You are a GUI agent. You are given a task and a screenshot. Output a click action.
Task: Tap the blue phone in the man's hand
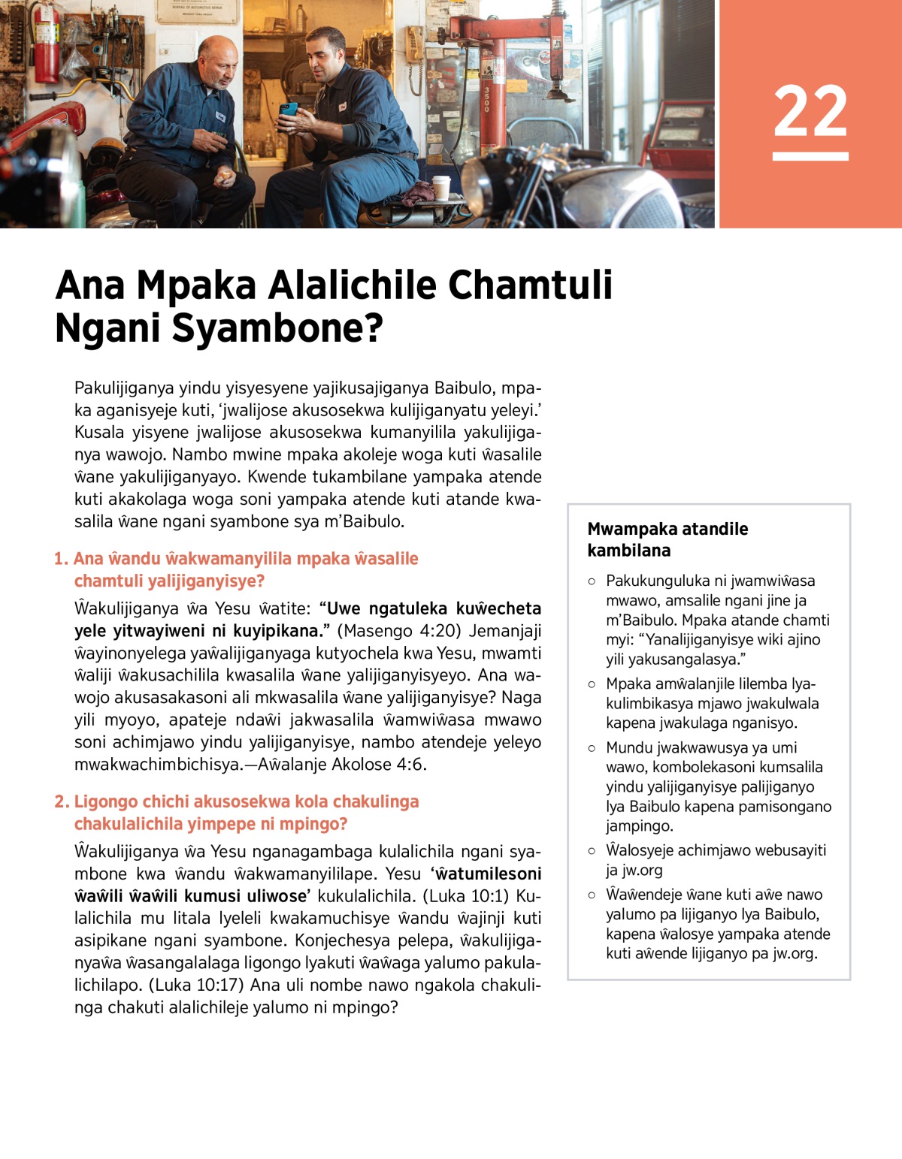coord(289,109)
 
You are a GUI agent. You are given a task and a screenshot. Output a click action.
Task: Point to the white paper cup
coord(441,187)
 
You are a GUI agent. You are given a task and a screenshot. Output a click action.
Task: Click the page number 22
coord(810,111)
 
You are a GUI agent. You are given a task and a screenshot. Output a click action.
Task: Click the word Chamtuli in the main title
coord(530,285)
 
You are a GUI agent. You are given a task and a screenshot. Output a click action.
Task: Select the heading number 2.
coord(61,801)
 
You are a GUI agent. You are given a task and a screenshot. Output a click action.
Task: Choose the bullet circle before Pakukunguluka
coord(592,581)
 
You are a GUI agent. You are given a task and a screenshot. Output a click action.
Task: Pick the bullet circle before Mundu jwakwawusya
coord(592,748)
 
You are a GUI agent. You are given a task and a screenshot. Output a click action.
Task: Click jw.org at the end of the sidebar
coord(794,953)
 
